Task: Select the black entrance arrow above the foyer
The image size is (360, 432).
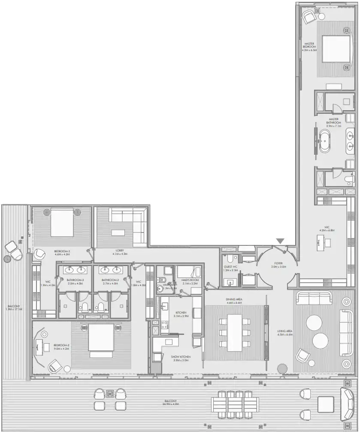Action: point(280,242)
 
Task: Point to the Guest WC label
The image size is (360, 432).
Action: point(230,269)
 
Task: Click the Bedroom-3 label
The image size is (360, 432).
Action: point(62,253)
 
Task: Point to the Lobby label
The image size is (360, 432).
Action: point(120,252)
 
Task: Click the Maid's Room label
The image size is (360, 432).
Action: point(190,281)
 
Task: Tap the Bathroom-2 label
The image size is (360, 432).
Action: point(111,282)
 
